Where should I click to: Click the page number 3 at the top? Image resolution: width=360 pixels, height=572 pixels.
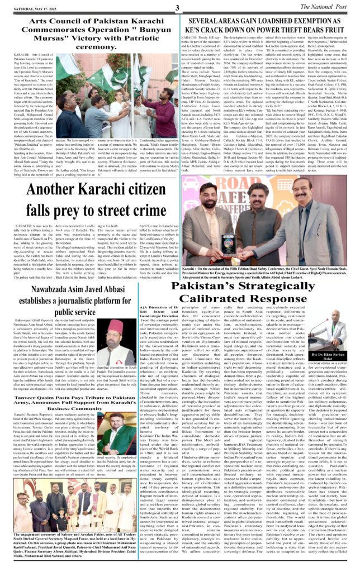pyautogui.click(x=175, y=7)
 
